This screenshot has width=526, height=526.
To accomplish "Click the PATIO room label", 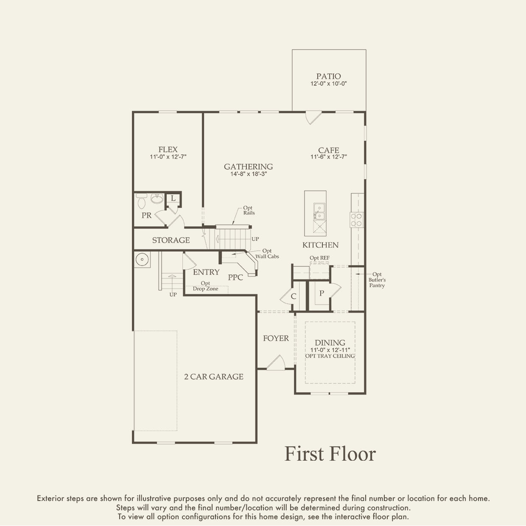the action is [328, 76].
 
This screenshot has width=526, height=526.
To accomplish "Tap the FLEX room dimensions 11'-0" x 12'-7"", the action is [168, 157].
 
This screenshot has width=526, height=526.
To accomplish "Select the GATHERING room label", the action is [249, 167].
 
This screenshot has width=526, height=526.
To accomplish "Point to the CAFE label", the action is [329, 150].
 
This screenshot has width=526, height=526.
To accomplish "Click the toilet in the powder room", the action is [141, 201].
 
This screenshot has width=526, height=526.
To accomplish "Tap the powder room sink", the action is [157, 199].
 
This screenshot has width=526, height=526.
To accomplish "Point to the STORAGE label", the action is [171, 240].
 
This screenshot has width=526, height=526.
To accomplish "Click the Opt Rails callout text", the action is [249, 210].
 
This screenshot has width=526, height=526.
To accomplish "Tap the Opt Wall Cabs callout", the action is [267, 254].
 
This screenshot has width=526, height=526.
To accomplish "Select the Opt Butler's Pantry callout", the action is [377, 280].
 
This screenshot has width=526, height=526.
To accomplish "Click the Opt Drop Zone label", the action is [206, 286].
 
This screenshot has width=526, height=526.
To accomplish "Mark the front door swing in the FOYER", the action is [276, 363].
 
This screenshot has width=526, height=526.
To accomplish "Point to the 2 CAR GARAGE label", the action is [214, 377].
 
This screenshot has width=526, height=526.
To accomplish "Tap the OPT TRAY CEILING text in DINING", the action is [330, 356].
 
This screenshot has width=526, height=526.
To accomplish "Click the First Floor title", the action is [330, 454].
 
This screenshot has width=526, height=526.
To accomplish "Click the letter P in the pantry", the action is [322, 293].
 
